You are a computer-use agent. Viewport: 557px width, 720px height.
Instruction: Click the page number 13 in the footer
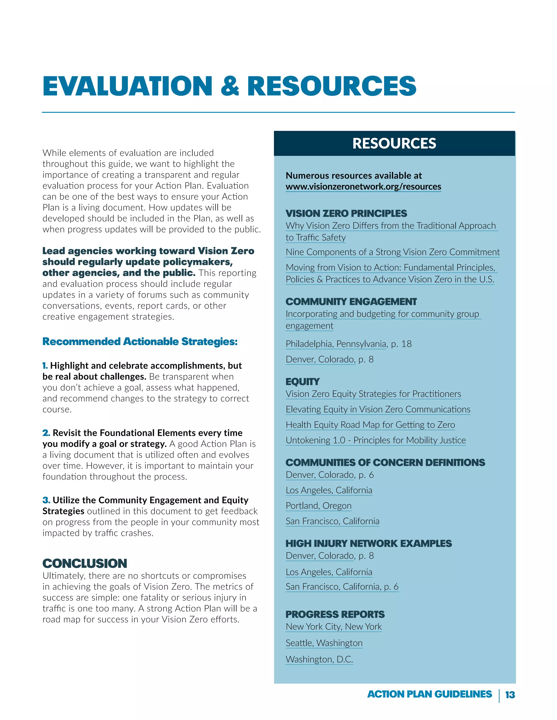pyautogui.click(x=510, y=695)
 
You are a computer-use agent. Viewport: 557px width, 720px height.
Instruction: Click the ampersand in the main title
pyautogui.click(x=230, y=86)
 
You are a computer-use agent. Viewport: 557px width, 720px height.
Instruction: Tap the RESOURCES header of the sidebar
pyautogui.click(x=394, y=143)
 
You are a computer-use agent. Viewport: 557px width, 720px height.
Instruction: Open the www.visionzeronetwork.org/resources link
pyautogui.click(x=363, y=187)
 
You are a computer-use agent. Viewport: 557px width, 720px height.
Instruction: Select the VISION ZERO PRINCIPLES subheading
pyautogui.click(x=346, y=213)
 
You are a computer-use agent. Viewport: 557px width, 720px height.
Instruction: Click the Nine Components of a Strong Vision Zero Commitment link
pyautogui.click(x=392, y=252)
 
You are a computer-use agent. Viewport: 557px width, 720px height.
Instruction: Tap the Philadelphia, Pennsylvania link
pyautogui.click(x=336, y=344)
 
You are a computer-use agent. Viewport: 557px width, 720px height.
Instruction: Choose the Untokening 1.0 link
pyautogui.click(x=376, y=440)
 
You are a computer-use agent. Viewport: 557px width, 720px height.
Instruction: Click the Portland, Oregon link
pyautogui.click(x=318, y=506)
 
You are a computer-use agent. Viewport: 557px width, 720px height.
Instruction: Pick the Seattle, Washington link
pyautogui.click(x=324, y=643)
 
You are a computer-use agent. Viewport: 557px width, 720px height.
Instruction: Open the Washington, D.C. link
pyautogui.click(x=319, y=659)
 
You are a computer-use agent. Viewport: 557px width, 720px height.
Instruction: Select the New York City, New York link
pyautogui.click(x=334, y=627)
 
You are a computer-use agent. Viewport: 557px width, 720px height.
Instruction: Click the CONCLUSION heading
pyautogui.click(x=85, y=564)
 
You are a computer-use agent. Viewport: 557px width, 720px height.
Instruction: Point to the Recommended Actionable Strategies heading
pyautogui.click(x=140, y=342)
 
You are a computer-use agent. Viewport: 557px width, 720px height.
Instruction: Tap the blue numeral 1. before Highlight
pyautogui.click(x=45, y=366)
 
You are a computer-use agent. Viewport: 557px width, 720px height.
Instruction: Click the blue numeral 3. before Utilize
pyautogui.click(x=46, y=500)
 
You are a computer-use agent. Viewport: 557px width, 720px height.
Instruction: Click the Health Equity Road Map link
pyautogui.click(x=370, y=425)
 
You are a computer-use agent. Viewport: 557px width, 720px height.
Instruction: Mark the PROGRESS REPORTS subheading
pyautogui.click(x=335, y=615)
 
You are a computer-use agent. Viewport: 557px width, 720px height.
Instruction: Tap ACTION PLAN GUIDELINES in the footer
pyautogui.click(x=429, y=694)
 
